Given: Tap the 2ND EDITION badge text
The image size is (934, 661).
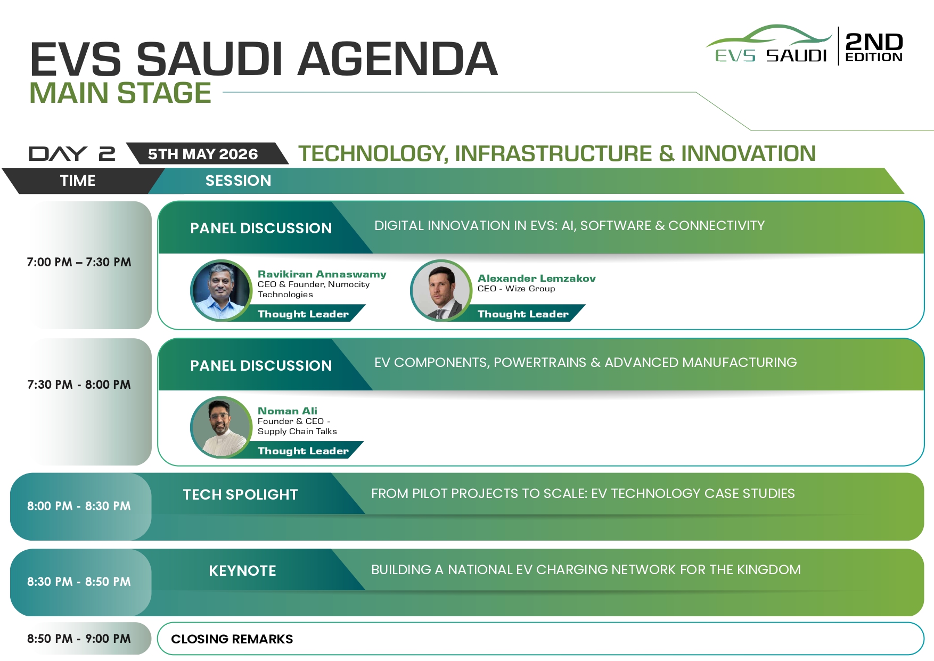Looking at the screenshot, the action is coord(874,47).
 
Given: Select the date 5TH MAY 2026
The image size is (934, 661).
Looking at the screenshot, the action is coord(203,154).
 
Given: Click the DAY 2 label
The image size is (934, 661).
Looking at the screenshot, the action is coord(72,154).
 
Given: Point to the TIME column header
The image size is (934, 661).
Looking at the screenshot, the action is coord(78,181).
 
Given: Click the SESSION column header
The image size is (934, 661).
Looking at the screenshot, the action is coord(238,181).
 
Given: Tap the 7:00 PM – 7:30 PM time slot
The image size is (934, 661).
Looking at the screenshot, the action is coord(79,262).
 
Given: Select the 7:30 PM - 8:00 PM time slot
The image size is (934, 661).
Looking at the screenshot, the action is coord(79,385).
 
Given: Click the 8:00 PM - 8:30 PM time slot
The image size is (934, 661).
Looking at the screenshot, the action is coord(79,506).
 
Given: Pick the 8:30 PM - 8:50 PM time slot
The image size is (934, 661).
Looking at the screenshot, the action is coord(79,582).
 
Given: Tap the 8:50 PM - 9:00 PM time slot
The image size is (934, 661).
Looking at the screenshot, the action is coord(79,639).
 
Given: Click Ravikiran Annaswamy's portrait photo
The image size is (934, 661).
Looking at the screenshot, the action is coord(221,290).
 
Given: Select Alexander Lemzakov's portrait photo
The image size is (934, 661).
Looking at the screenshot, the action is coord(441,290).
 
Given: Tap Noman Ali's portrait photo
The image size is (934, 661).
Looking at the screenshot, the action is coord(221,427).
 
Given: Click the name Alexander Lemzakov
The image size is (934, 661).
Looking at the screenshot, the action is coord(537,278).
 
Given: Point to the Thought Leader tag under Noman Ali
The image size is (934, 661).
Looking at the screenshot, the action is coord(303,451).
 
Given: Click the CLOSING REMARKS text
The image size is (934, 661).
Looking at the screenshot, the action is coord(232,639).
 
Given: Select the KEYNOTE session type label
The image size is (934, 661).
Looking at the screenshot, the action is coord(242,571).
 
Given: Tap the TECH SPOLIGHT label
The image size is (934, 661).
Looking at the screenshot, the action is coord(240,495).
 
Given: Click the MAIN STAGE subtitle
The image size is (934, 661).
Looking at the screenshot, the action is coord(120,93).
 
